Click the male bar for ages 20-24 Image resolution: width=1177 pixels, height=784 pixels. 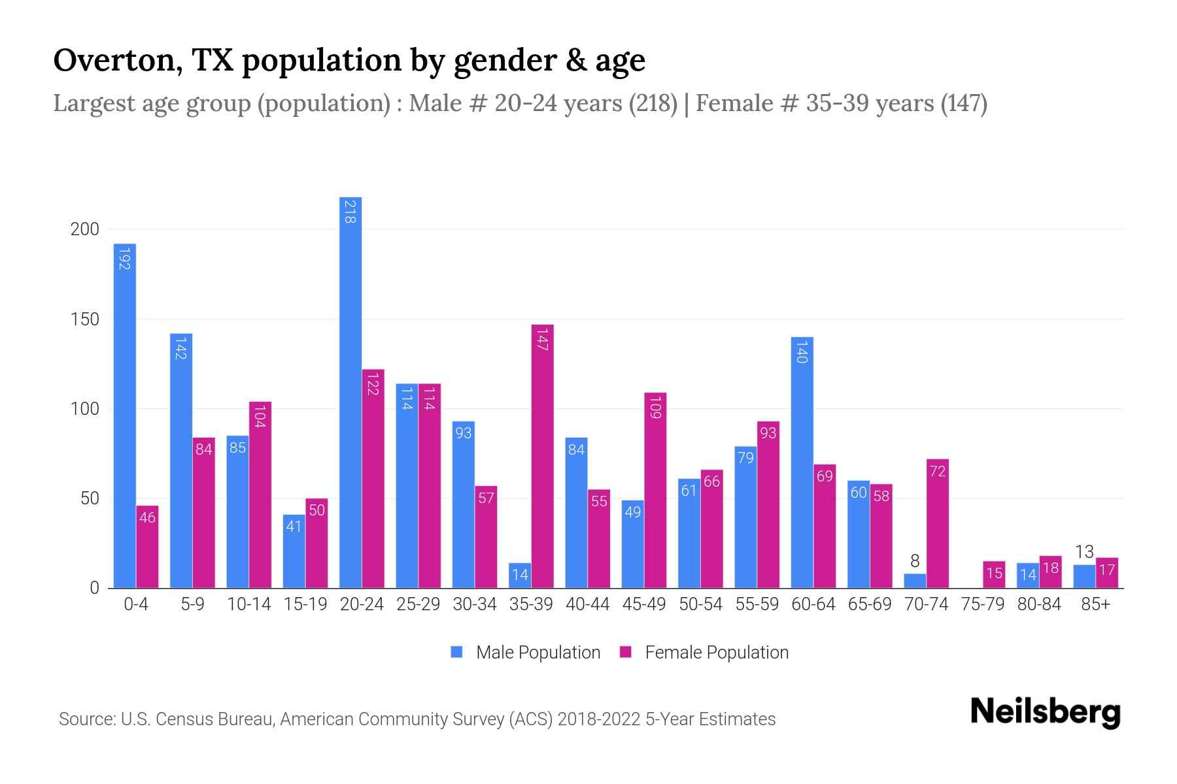click(350, 392)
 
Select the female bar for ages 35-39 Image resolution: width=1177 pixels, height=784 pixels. click(542, 457)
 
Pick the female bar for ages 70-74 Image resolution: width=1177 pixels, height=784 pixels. click(938, 523)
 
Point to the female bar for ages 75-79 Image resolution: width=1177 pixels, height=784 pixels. click(994, 574)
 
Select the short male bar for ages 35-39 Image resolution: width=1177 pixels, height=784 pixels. click(520, 575)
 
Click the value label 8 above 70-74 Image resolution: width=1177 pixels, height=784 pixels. click(915, 561)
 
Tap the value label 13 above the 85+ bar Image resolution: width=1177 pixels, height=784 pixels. click(1084, 552)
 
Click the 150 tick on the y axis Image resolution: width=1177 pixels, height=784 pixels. click(85, 319)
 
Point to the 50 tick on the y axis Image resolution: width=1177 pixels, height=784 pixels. click(90, 498)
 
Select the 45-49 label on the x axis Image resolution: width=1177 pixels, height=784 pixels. click(643, 604)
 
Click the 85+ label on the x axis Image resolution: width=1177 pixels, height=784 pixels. click(1095, 604)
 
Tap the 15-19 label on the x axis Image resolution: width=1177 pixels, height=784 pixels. click(305, 604)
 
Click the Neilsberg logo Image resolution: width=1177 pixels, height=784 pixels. click(1045, 712)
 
